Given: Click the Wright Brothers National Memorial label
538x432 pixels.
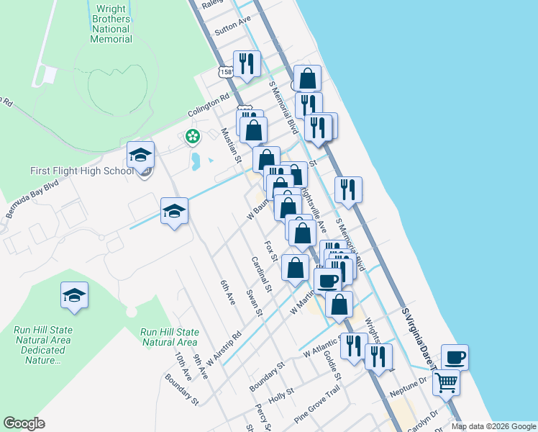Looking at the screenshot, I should (111, 24).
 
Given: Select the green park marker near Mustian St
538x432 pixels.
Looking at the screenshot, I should (192, 135).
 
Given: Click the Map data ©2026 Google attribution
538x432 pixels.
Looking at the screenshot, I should (493, 426).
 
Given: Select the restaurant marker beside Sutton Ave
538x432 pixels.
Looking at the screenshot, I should (246, 64).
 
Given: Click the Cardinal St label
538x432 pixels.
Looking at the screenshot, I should (260, 274).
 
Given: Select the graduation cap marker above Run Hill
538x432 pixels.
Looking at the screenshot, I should (74, 295).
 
